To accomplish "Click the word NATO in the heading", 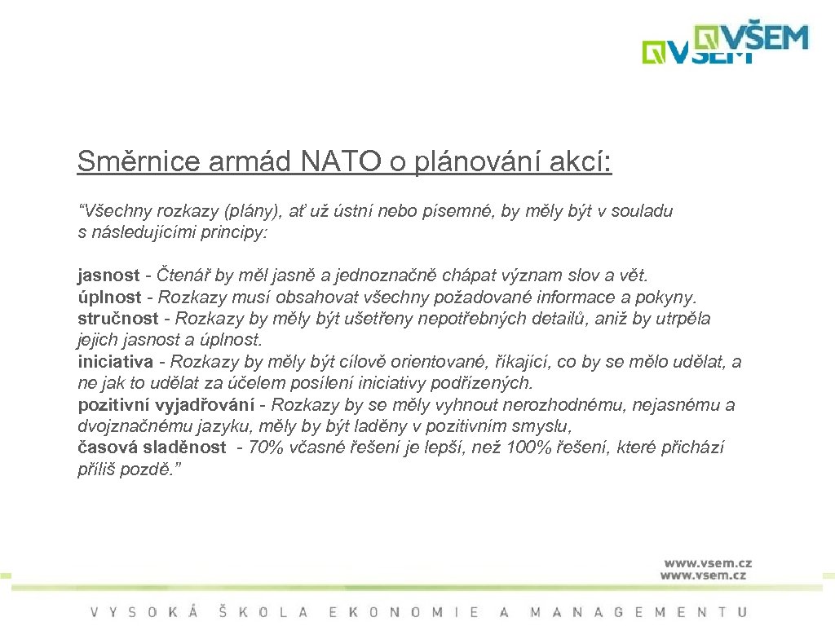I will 341,162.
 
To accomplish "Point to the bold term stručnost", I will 117,318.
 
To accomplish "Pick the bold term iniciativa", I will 115,362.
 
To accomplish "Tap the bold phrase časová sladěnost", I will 152,447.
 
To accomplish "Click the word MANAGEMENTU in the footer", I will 638,611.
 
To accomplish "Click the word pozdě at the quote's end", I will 150,469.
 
